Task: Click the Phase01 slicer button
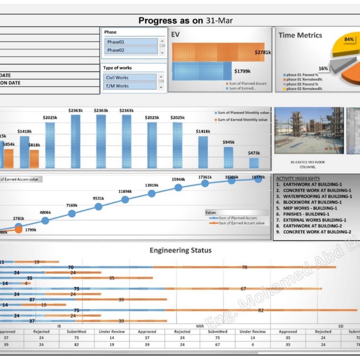[131, 42]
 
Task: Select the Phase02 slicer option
[131, 50]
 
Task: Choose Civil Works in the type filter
[130, 78]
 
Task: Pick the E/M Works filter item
[130, 86]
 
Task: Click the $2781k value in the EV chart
[263, 52]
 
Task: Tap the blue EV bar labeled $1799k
[202, 71]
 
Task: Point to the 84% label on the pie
[349, 39]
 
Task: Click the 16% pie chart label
[323, 68]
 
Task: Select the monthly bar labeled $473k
[254, 163]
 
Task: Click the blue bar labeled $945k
[228, 158]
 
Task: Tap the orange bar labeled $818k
[34, 159]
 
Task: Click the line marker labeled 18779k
[258, 179]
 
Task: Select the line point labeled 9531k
[98, 206]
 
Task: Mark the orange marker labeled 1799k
[18, 230]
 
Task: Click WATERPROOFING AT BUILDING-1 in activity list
[317, 196]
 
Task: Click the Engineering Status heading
[180, 250]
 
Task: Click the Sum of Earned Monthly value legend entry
[242, 120]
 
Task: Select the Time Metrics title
[300, 35]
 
